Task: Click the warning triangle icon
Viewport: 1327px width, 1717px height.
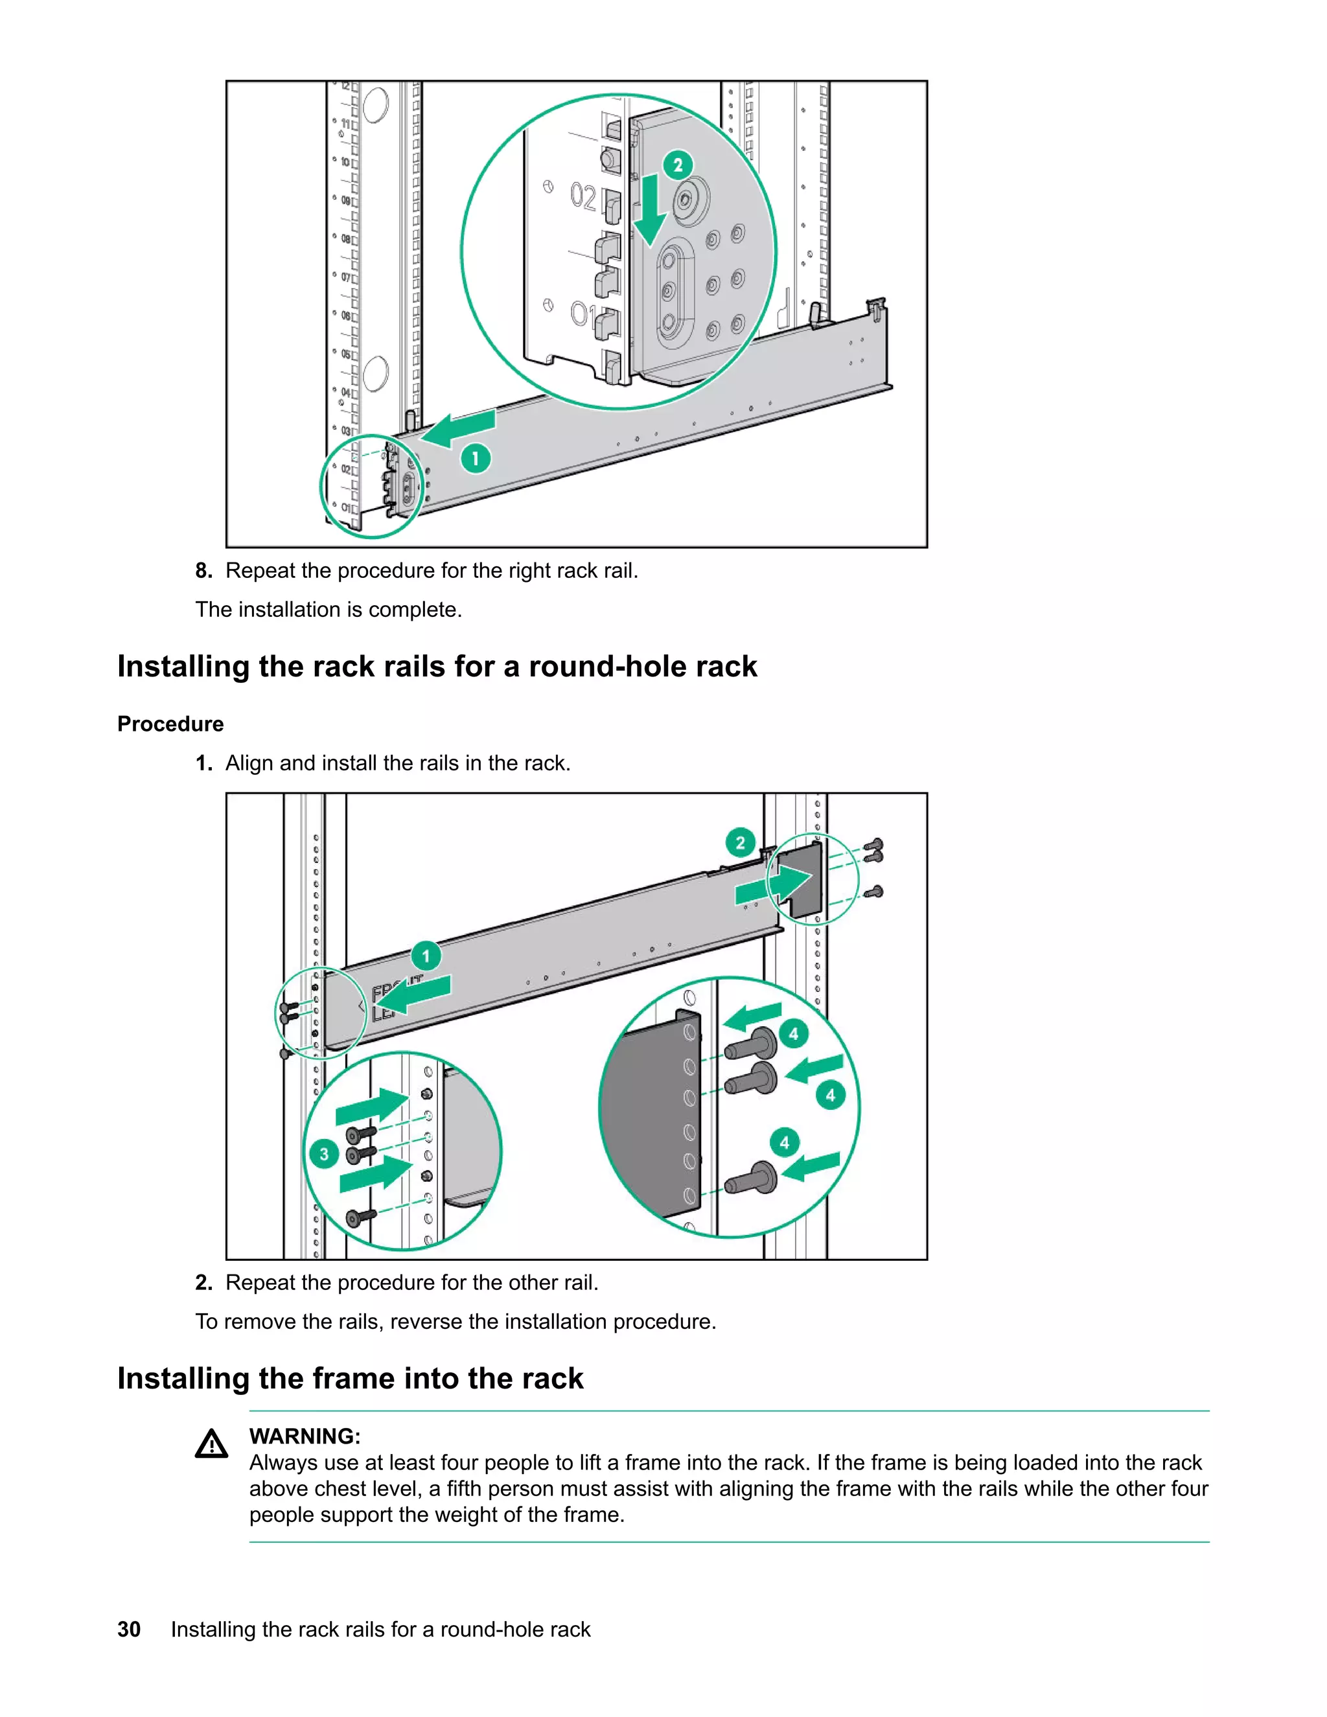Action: click(x=211, y=1445)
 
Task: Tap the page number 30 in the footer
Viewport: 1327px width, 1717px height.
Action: click(x=129, y=1630)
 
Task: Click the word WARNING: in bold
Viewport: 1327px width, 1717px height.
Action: click(x=305, y=1436)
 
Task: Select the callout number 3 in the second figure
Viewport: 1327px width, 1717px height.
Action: click(x=324, y=1154)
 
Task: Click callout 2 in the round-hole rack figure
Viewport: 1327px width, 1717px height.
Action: click(x=740, y=843)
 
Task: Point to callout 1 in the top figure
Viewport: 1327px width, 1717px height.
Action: click(x=475, y=457)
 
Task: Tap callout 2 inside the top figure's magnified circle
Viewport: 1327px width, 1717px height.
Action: click(x=678, y=165)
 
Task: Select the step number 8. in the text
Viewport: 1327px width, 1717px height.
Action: click(x=203, y=571)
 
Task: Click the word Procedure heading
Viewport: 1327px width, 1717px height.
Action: click(x=170, y=724)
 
